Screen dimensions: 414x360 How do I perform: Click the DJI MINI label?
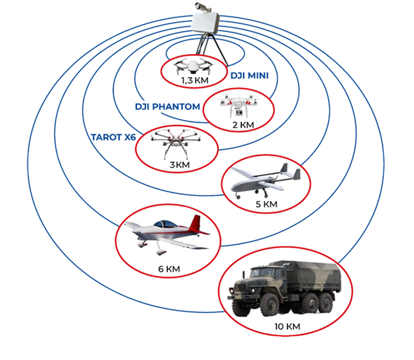(x=250, y=76)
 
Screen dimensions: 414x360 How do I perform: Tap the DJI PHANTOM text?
(x=168, y=107)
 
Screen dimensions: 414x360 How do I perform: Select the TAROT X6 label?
(x=113, y=137)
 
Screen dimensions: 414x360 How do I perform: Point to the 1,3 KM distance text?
(x=195, y=80)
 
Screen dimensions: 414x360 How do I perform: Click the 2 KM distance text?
(x=243, y=125)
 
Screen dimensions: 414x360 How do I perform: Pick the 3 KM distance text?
(x=179, y=165)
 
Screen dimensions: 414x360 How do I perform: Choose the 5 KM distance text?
(x=267, y=204)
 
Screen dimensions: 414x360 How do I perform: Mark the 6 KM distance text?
(x=169, y=269)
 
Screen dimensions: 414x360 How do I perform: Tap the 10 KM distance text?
(x=287, y=326)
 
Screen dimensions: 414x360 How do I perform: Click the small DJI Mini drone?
(x=193, y=66)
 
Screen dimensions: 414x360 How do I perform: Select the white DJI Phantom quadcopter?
(x=238, y=105)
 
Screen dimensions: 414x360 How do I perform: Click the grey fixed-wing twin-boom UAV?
(x=266, y=181)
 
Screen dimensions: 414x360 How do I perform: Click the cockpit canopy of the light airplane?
(x=165, y=224)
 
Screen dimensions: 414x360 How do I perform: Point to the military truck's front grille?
(x=241, y=288)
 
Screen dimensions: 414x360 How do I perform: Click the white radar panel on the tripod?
(x=205, y=22)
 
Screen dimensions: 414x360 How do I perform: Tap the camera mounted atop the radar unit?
(x=203, y=7)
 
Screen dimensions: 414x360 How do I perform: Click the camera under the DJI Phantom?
(x=239, y=112)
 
